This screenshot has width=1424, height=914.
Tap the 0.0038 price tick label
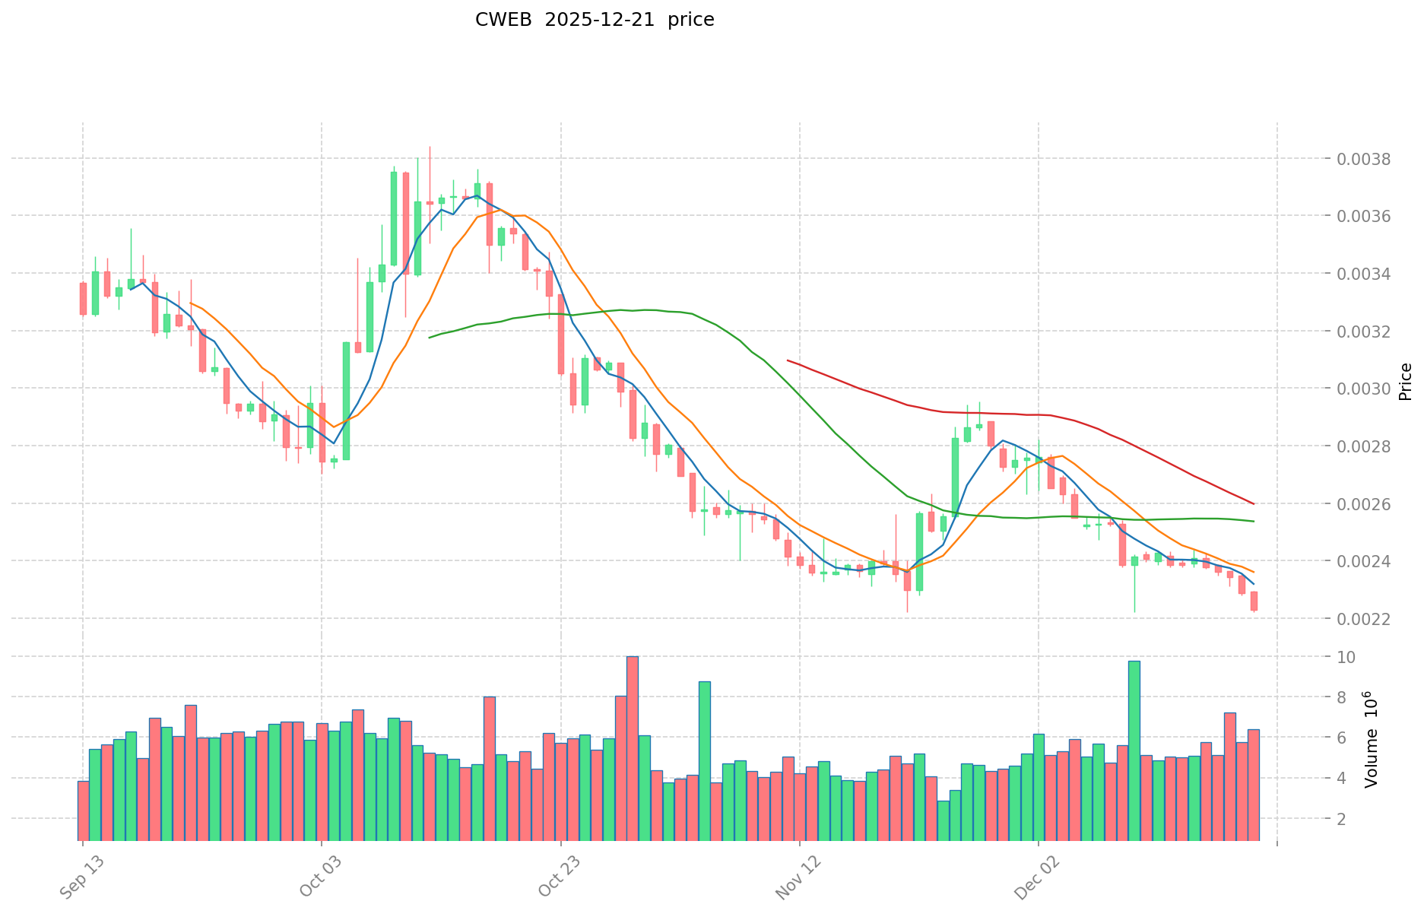[x=1367, y=159]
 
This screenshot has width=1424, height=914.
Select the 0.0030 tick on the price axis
[x=1367, y=389]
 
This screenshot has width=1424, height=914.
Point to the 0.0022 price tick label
[x=1367, y=619]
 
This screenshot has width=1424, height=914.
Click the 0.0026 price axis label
[x=1367, y=504]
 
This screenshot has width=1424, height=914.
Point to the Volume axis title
[x=1370, y=739]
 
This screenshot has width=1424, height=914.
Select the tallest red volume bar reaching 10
[x=633, y=748]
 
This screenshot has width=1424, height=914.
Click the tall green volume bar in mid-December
[x=1134, y=751]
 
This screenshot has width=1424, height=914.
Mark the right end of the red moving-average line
[x=1254, y=503]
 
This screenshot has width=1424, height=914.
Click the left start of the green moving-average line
[x=430, y=337]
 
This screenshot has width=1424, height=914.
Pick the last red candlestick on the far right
[x=1254, y=601]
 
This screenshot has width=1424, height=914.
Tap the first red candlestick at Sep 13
[x=83, y=299]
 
